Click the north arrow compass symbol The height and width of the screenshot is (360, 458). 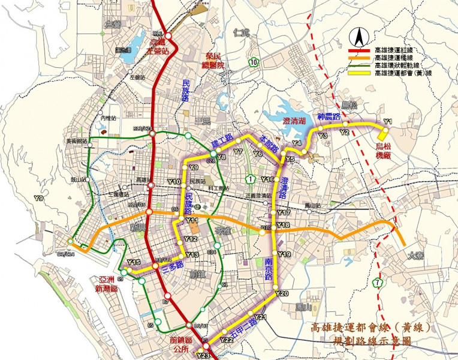360,38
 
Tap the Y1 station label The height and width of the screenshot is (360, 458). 387,122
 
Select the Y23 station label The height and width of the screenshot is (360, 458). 203,356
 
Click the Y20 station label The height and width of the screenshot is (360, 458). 284,293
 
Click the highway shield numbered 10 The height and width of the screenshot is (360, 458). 255,62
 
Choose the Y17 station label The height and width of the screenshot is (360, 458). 284,213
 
